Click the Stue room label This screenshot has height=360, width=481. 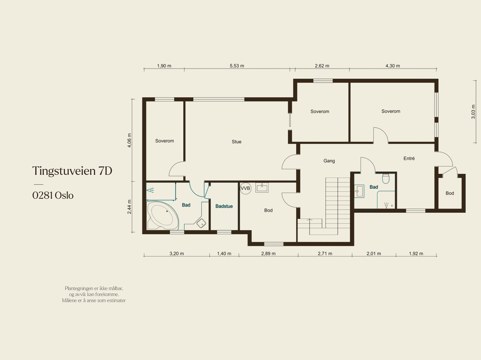237,142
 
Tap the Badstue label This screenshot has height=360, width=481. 224,206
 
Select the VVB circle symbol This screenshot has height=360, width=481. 245,188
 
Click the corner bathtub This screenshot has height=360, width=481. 163,215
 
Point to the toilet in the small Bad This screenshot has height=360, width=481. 386,178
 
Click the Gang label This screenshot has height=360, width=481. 329,161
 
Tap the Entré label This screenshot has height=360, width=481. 409,158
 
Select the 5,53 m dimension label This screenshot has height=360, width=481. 237,66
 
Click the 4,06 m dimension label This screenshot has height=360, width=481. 129,140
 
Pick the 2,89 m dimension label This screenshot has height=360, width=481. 268,254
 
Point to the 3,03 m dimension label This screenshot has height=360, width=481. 473,112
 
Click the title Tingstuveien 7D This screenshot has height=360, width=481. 72,171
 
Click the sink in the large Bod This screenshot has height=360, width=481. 262,188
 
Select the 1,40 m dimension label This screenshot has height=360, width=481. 224,254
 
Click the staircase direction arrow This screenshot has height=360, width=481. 309,226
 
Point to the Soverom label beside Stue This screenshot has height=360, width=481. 164,141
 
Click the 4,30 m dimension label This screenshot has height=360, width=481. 393,66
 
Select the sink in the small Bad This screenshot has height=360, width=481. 359,191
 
